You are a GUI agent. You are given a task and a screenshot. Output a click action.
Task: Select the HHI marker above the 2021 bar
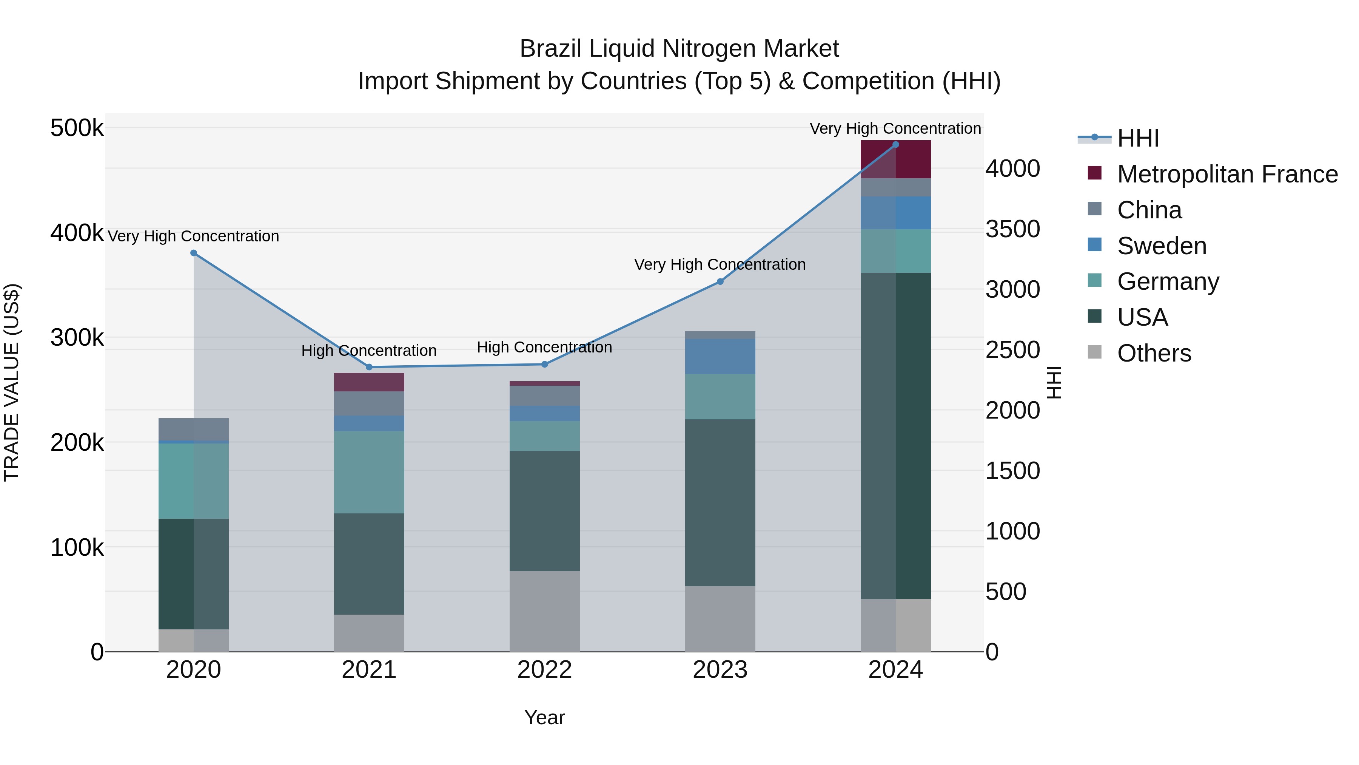coord(369,367)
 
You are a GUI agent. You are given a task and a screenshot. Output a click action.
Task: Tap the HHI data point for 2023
coord(720,282)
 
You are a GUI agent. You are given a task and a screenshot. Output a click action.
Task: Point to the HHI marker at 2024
coord(895,145)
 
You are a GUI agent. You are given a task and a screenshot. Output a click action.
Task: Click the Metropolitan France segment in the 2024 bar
coord(895,160)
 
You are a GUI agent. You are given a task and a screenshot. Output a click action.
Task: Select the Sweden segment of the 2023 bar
coord(720,356)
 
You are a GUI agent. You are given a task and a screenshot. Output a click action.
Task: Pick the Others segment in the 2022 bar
coord(544,611)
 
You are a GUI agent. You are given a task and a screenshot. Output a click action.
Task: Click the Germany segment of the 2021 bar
coord(369,472)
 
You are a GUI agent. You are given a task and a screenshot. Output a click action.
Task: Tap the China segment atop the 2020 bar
coord(194,429)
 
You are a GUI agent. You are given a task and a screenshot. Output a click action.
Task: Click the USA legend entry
coord(1142,317)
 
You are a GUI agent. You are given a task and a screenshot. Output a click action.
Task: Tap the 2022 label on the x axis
coord(544,670)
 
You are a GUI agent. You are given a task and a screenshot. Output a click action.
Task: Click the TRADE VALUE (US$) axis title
coord(12,382)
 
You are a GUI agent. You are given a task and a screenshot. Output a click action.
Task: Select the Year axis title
coord(544,717)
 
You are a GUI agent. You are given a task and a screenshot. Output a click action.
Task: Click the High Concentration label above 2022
coord(544,348)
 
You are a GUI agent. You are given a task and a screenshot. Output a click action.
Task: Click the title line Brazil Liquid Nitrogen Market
coord(679,49)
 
